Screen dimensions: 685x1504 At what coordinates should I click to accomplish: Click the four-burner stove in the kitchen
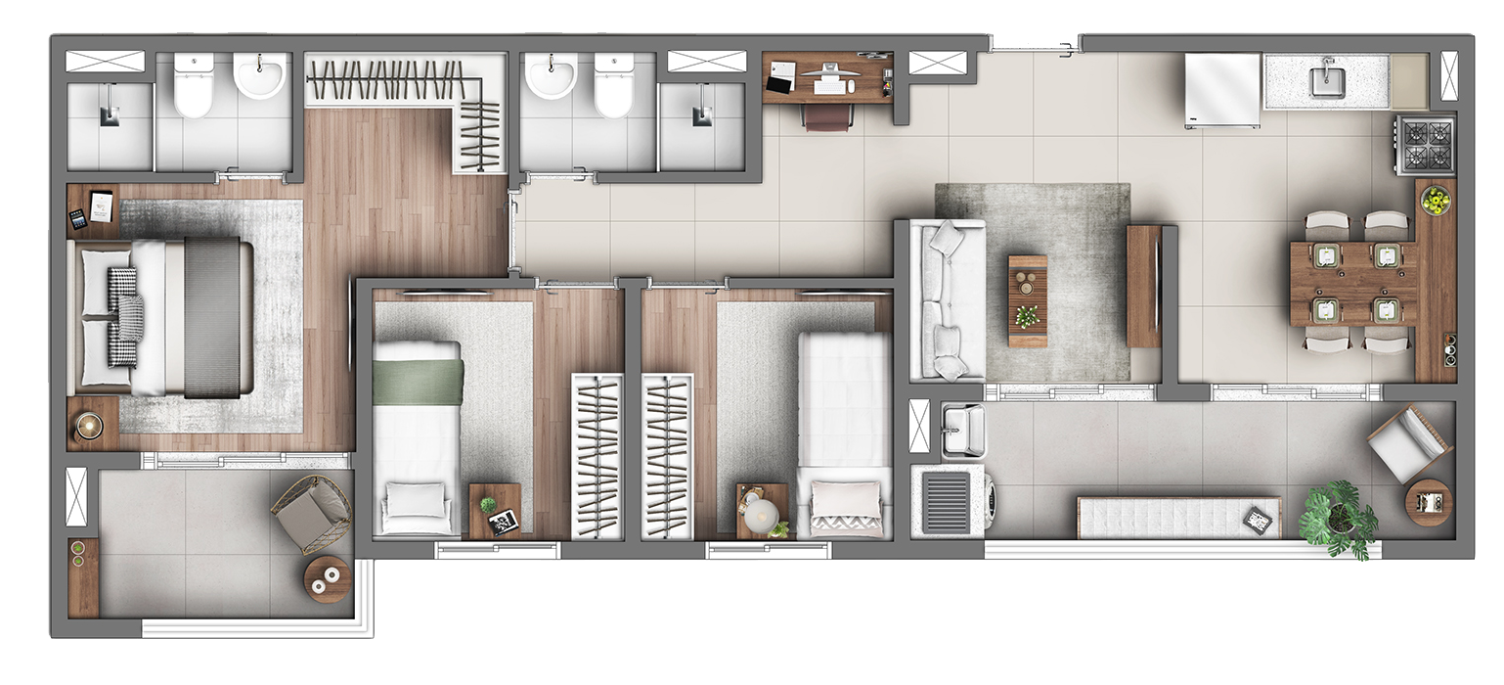1425,144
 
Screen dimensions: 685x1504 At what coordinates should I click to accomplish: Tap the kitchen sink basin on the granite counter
1327,79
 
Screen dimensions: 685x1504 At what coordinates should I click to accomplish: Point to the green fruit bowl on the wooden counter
1435,201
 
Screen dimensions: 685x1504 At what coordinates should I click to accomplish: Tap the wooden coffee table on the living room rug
1027,300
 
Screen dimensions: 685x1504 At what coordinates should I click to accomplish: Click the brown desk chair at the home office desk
827,116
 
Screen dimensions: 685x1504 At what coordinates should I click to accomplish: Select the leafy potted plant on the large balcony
1338,516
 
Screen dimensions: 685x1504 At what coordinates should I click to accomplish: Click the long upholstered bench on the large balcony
1177,517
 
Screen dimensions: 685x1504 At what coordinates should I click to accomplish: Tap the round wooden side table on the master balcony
327,579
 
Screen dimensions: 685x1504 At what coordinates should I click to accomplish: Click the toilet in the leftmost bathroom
193,86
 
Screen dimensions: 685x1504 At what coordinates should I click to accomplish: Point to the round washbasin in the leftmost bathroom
260,75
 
